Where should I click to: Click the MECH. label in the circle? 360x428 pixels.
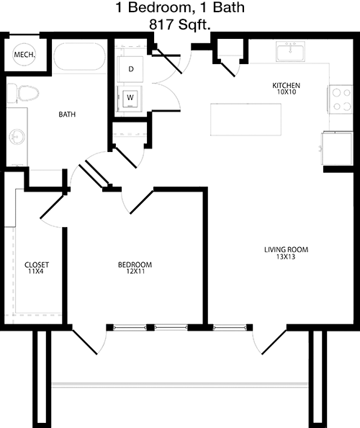pos(24,55)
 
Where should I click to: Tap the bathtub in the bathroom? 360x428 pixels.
pos(79,57)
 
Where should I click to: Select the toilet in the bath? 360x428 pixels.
pos(22,93)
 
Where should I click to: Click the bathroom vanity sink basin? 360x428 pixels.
pos(17,136)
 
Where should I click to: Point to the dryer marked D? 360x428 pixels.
pos(130,69)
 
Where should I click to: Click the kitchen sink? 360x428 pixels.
pos(290,52)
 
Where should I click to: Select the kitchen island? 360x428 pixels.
pos(246,120)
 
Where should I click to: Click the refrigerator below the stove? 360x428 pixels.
pos(338,148)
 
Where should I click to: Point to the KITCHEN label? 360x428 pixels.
pos(287,86)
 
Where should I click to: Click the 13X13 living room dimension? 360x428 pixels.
pos(286,257)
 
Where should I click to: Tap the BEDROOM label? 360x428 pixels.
pos(135,264)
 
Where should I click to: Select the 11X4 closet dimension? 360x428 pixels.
pos(36,272)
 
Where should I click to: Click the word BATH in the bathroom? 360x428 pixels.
pos(67,115)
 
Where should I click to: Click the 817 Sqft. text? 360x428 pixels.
pos(180,24)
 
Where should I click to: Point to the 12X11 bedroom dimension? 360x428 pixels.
pos(135,272)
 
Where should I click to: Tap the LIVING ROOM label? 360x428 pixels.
pos(287,250)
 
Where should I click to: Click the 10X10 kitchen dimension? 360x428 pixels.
pos(287,92)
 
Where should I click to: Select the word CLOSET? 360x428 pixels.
pos(37,265)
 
